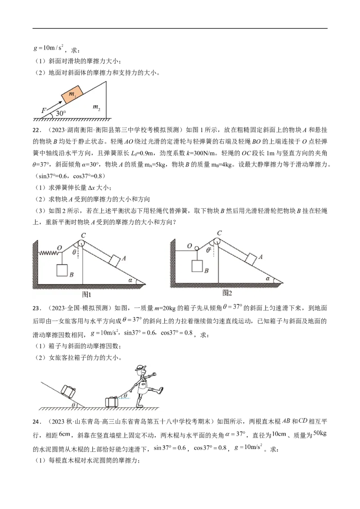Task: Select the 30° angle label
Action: point(60,114)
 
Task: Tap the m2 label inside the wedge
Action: point(96,107)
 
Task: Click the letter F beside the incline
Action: point(44,110)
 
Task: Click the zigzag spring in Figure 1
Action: point(48,253)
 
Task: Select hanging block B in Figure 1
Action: point(62,270)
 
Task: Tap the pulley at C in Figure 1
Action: point(81,243)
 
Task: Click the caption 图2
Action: point(227,293)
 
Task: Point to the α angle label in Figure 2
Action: point(267,279)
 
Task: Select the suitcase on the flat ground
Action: point(111,402)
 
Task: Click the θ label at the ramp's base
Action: point(74,405)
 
